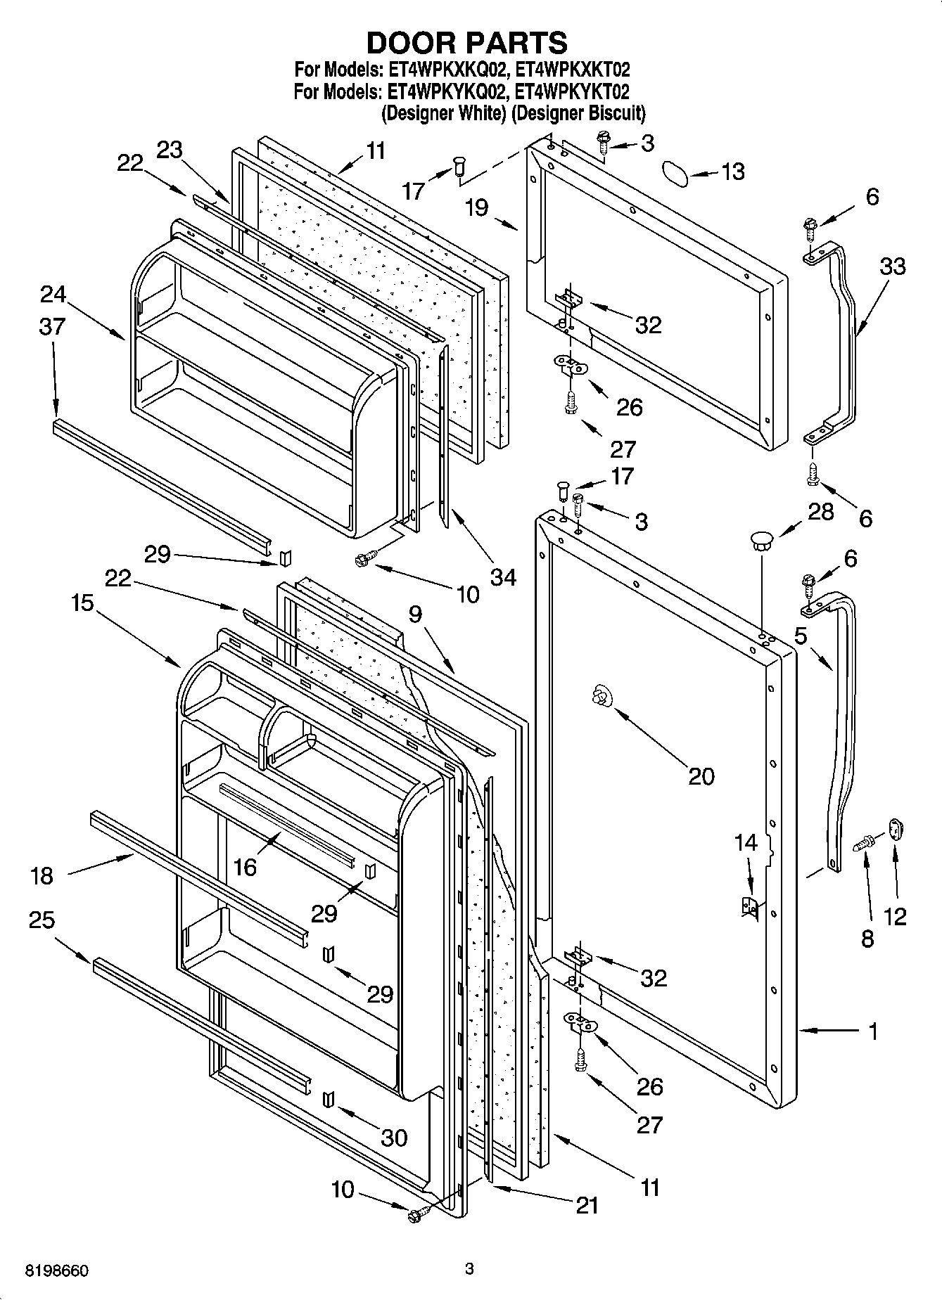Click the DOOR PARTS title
click(x=467, y=44)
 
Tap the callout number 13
click(x=732, y=172)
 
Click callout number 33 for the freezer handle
click(x=892, y=266)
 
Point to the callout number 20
click(x=701, y=776)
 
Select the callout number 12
click(x=895, y=916)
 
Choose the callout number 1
click(x=872, y=1032)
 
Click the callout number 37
click(x=52, y=326)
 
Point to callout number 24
click(x=53, y=294)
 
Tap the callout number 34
click(x=504, y=577)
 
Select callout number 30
click(x=393, y=1138)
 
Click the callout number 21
click(x=586, y=1205)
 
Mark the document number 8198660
click(x=57, y=1271)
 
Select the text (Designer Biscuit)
click(x=578, y=112)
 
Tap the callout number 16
click(x=245, y=868)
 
